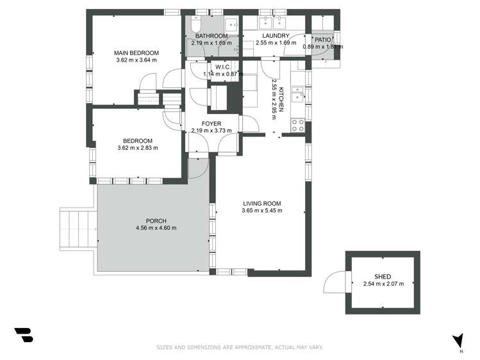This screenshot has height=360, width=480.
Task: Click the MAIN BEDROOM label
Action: click(136, 53)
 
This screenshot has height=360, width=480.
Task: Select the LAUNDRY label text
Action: click(276, 36)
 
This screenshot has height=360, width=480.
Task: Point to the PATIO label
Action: click(322, 40)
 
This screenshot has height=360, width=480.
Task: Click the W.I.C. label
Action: click(222, 67)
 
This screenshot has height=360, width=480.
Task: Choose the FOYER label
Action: click(211, 123)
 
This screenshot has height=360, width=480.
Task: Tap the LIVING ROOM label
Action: click(261, 203)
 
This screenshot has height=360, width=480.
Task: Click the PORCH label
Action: click(156, 220)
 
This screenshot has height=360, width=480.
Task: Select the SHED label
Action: click(383, 276)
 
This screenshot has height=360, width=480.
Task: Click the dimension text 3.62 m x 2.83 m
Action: click(137, 148)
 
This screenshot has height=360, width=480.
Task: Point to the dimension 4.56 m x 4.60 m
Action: click(156, 228)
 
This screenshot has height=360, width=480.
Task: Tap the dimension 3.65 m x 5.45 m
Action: click(261, 211)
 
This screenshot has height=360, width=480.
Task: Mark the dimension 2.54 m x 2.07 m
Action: click(383, 284)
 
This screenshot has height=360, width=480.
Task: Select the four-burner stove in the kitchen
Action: click(298, 125)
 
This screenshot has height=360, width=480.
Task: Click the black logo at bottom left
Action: click(23, 335)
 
